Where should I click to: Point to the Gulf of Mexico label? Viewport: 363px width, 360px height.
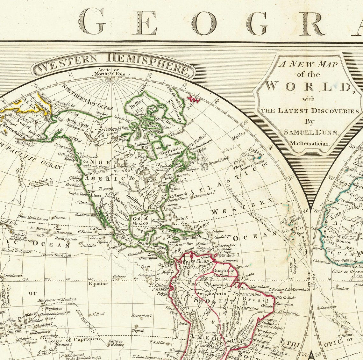coord(140,220)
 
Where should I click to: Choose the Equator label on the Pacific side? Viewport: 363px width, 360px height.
coord(98,284)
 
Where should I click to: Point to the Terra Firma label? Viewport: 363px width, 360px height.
coord(192,261)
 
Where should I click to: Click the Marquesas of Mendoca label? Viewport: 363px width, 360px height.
coord(57,300)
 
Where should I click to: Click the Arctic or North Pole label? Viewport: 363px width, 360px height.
coord(108,72)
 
